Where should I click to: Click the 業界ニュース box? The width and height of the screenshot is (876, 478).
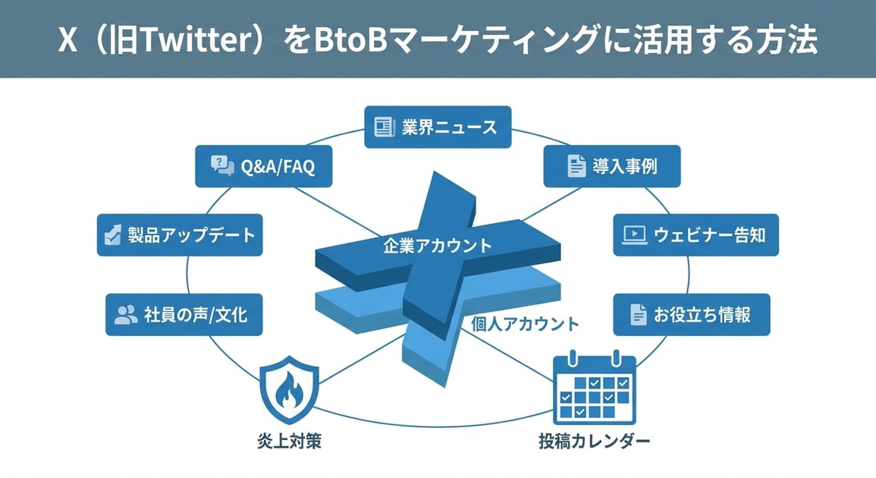(438, 127)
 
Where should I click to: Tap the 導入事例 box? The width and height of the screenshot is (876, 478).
(611, 166)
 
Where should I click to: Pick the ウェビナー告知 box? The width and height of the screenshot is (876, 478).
(695, 234)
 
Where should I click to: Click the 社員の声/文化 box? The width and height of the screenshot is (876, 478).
(184, 314)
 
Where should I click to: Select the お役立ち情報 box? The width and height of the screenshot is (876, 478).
(691, 314)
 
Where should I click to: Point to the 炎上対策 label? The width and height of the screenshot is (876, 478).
(289, 441)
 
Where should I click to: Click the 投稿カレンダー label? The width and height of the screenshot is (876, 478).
(595, 441)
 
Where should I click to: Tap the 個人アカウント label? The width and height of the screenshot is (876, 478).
(525, 324)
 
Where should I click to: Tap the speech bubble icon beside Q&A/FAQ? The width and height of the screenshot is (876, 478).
(221, 166)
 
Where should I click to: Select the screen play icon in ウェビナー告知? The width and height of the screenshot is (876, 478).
(634, 234)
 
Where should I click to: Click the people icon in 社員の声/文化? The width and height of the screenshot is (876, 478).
(126, 314)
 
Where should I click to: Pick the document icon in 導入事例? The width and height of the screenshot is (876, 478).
(576, 166)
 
